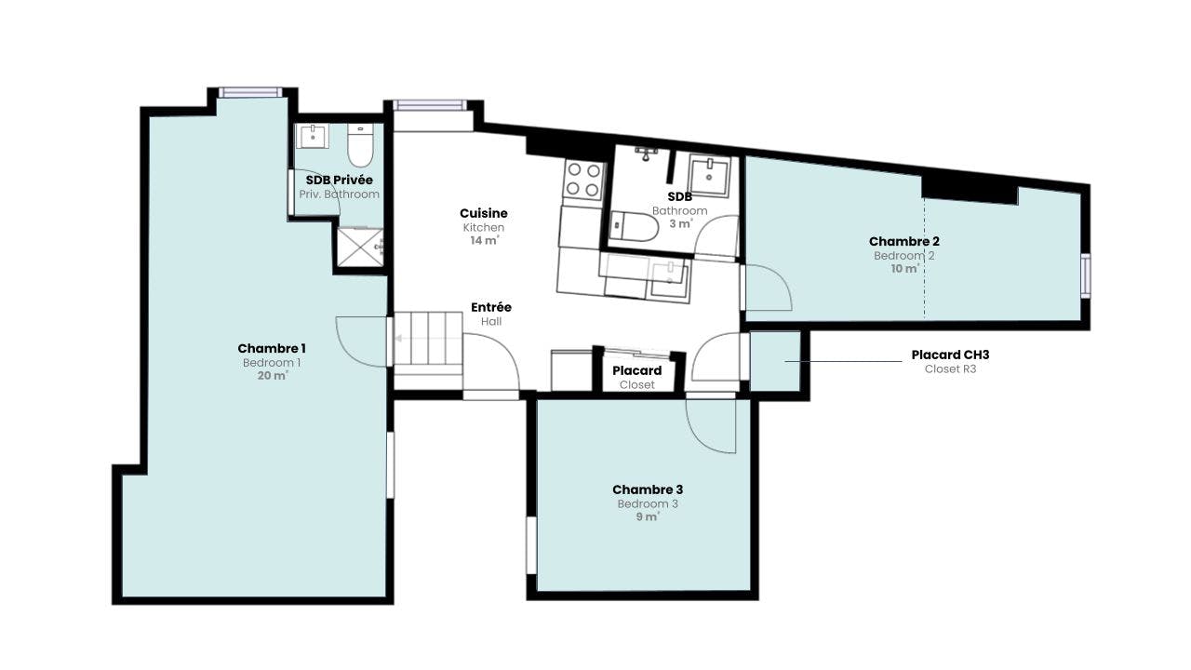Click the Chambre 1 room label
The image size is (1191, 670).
(271, 348)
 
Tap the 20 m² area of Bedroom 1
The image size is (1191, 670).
(273, 375)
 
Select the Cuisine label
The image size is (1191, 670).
(483, 213)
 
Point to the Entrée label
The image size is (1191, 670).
(490, 307)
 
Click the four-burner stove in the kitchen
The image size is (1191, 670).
(583, 180)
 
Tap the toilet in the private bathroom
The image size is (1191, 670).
(360, 145)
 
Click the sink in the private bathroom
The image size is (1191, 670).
(312, 137)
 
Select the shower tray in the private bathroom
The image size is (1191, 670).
(360, 248)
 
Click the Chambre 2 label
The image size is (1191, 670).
(903, 241)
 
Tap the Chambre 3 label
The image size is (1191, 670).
(647, 489)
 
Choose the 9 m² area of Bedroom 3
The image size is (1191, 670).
(647, 516)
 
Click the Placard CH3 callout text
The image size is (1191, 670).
(950, 355)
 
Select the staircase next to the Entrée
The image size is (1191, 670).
(428, 343)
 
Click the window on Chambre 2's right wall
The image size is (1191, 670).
(1085, 276)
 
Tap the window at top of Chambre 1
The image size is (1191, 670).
(250, 92)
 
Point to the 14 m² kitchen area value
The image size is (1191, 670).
(484, 240)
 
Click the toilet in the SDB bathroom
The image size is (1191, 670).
(634, 226)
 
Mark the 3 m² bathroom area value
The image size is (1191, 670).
(680, 224)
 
